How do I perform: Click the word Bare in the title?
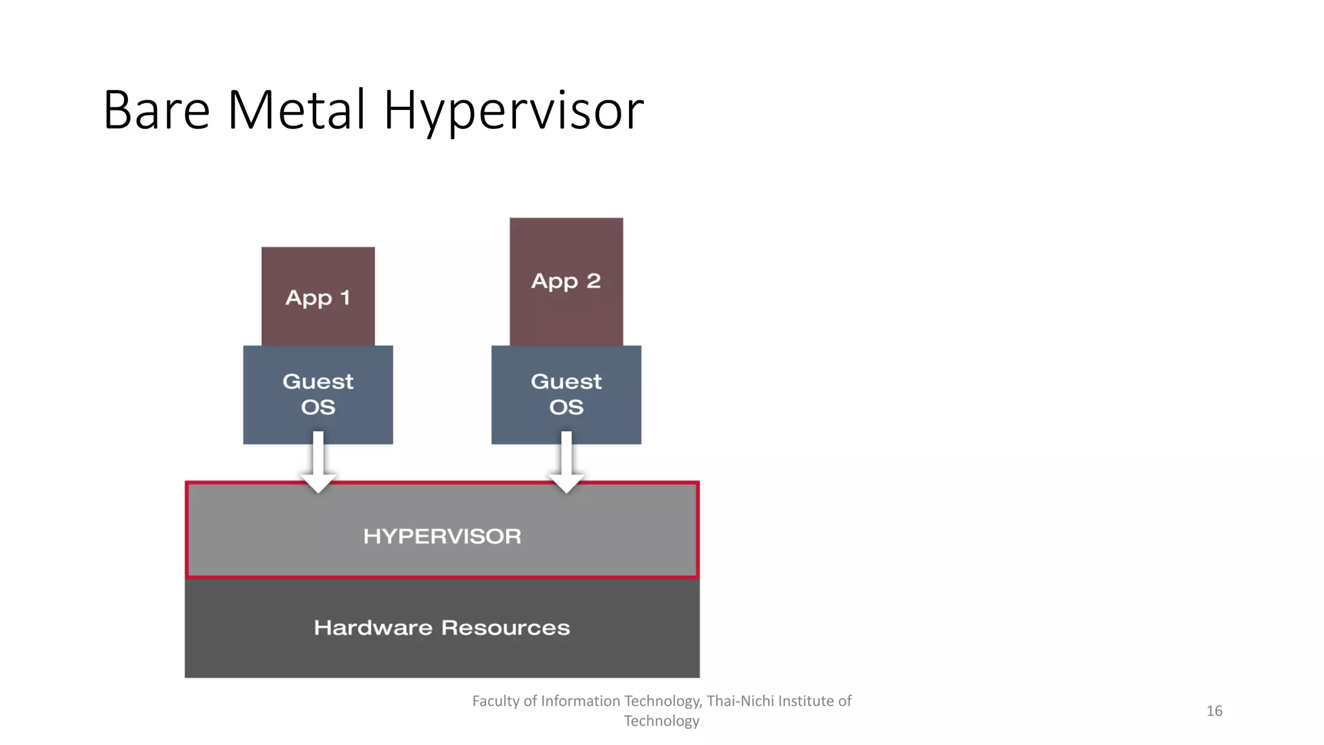(x=156, y=111)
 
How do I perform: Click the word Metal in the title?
(x=297, y=111)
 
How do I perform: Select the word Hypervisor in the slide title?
(x=513, y=111)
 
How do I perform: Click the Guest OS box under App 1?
(x=317, y=394)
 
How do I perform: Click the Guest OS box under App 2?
(x=566, y=394)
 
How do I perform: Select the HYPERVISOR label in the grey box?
(x=442, y=536)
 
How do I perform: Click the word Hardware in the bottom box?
(x=373, y=627)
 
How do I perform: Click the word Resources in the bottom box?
(x=506, y=627)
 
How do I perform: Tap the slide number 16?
(x=1214, y=711)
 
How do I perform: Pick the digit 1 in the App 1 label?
(x=345, y=297)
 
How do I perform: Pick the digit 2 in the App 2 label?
(x=593, y=281)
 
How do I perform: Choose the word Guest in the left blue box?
(x=317, y=382)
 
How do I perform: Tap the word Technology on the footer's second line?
(x=661, y=721)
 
